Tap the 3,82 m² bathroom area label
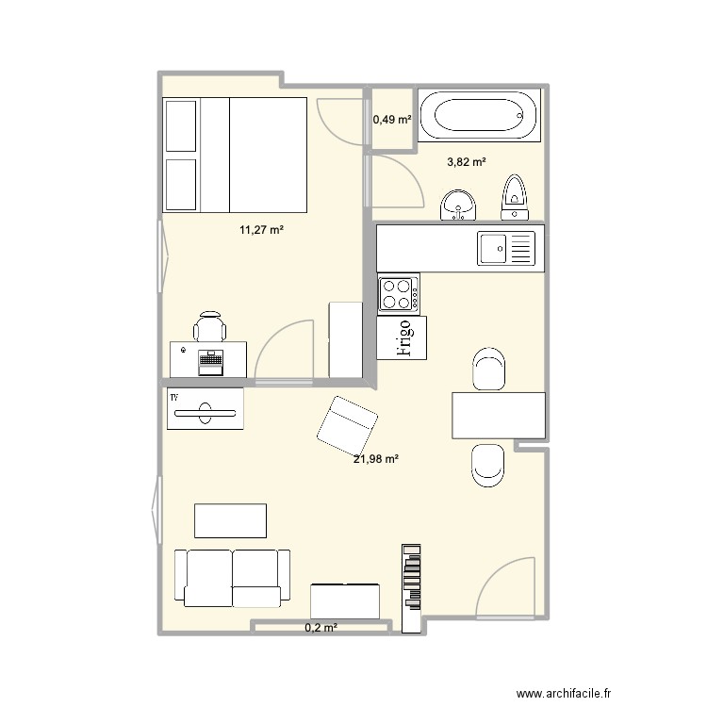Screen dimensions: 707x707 (467, 162)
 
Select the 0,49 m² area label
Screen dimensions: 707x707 (392, 120)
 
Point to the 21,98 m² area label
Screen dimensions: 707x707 (376, 459)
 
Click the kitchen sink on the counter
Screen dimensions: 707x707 (506, 249)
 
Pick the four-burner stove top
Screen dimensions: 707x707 (399, 293)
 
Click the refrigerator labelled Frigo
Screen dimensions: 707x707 (402, 338)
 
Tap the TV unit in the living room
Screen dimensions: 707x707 (206, 409)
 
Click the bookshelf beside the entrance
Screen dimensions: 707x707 (413, 588)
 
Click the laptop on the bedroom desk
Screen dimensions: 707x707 (209, 360)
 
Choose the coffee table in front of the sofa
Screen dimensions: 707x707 (230, 520)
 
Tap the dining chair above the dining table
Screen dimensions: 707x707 (488, 368)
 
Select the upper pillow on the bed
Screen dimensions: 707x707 (181, 126)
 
